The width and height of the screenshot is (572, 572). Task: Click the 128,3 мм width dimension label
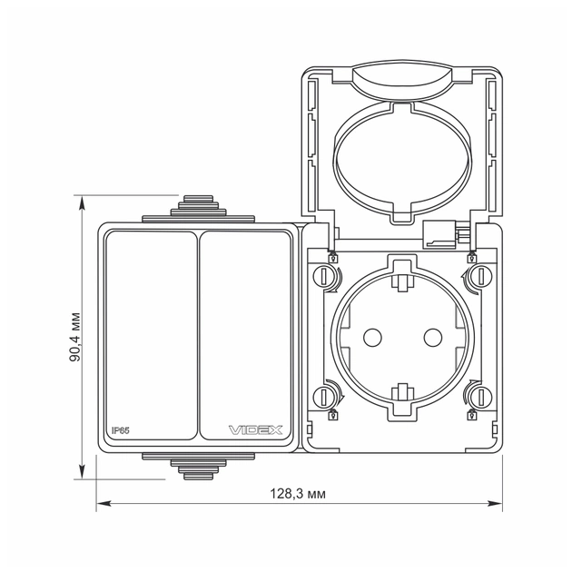(298, 493)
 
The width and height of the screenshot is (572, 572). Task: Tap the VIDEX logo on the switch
(255, 429)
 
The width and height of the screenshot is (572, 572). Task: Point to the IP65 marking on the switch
(122, 429)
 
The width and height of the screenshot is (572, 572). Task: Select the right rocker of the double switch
(242, 335)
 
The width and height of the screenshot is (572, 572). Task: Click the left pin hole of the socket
(370, 337)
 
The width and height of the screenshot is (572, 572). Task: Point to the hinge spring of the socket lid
(442, 234)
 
